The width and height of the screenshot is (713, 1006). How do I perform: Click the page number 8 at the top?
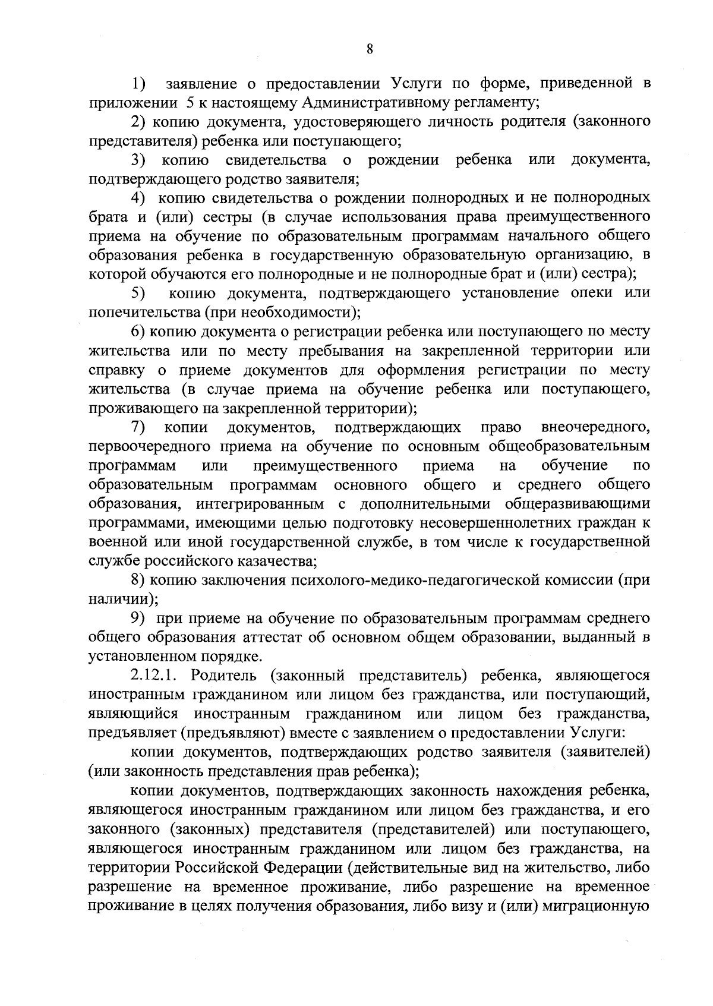(x=370, y=49)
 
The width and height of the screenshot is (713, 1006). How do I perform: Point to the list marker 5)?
(x=138, y=294)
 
